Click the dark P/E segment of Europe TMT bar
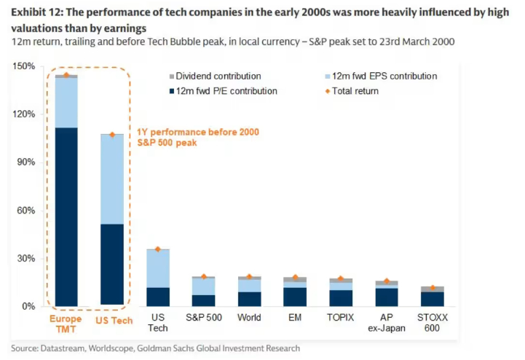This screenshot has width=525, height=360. click(66, 216)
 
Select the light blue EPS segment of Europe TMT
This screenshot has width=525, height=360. click(66, 102)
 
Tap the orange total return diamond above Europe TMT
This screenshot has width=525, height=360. click(66, 75)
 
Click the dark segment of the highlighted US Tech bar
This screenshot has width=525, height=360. click(111, 264)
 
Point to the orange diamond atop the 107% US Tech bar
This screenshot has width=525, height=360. click(111, 135)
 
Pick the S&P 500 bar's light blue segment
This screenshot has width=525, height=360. click(204, 286)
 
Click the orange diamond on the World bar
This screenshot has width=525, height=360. click(249, 277)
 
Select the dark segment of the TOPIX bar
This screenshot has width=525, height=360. click(341, 298)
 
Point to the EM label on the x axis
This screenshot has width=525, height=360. click(295, 318)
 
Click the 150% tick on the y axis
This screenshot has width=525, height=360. click(24, 66)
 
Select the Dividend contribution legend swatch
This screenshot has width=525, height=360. click(172, 77)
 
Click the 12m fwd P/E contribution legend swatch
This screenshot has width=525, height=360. click(172, 91)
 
